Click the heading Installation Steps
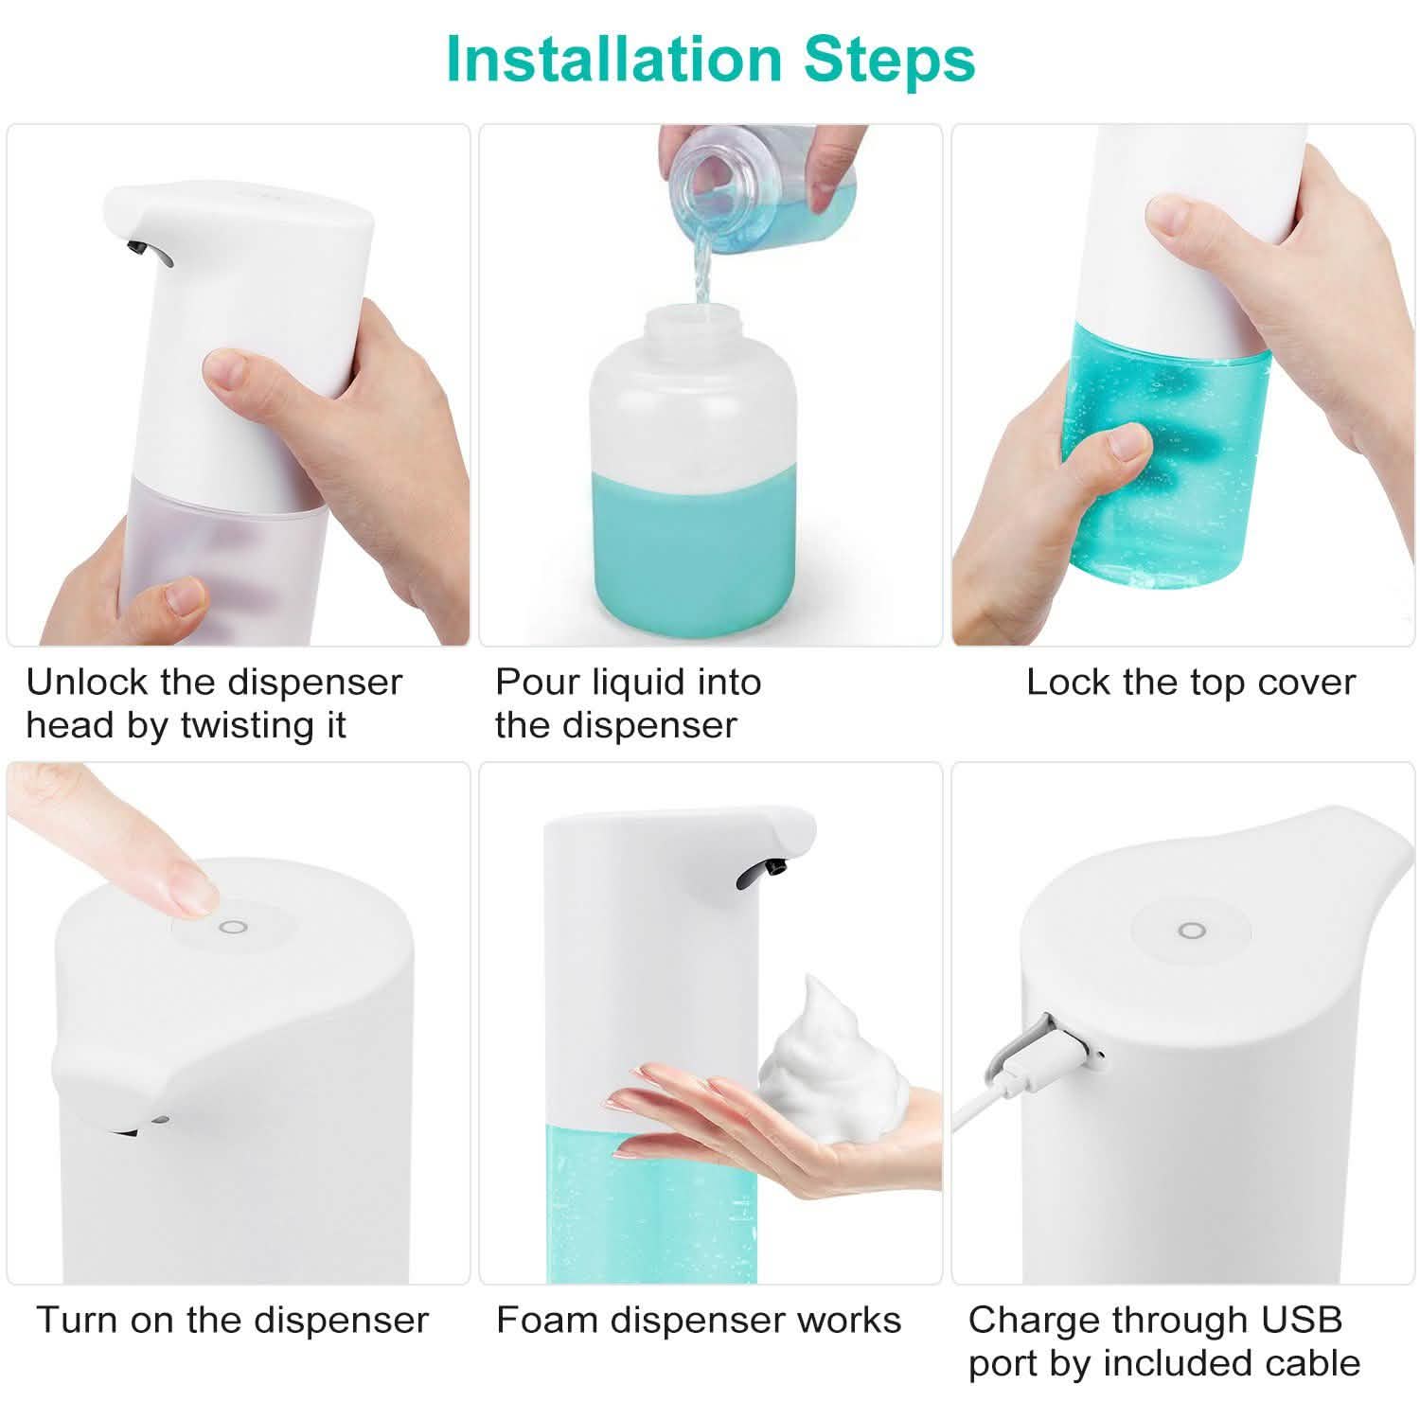[x=710, y=59]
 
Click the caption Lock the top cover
[x=1190, y=682]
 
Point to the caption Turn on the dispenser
[x=232, y=1320]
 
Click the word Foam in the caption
[x=546, y=1320]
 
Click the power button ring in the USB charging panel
[x=1191, y=931]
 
